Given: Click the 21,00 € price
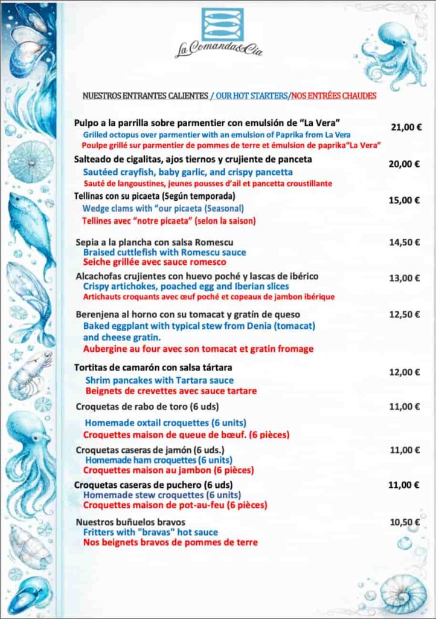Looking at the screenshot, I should (x=406, y=128).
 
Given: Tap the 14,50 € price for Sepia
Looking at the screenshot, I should (x=405, y=242).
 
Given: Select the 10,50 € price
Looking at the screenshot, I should (x=405, y=522).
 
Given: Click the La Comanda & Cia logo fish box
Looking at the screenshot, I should (x=222, y=25).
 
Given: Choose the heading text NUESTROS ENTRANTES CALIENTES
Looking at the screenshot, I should (x=144, y=96).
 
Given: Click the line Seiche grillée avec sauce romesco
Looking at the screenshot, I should (x=155, y=262).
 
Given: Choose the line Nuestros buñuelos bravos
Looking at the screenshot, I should (x=130, y=522).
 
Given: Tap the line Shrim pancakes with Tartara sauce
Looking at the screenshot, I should (x=159, y=380).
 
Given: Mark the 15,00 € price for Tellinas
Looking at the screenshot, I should (x=405, y=200).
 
